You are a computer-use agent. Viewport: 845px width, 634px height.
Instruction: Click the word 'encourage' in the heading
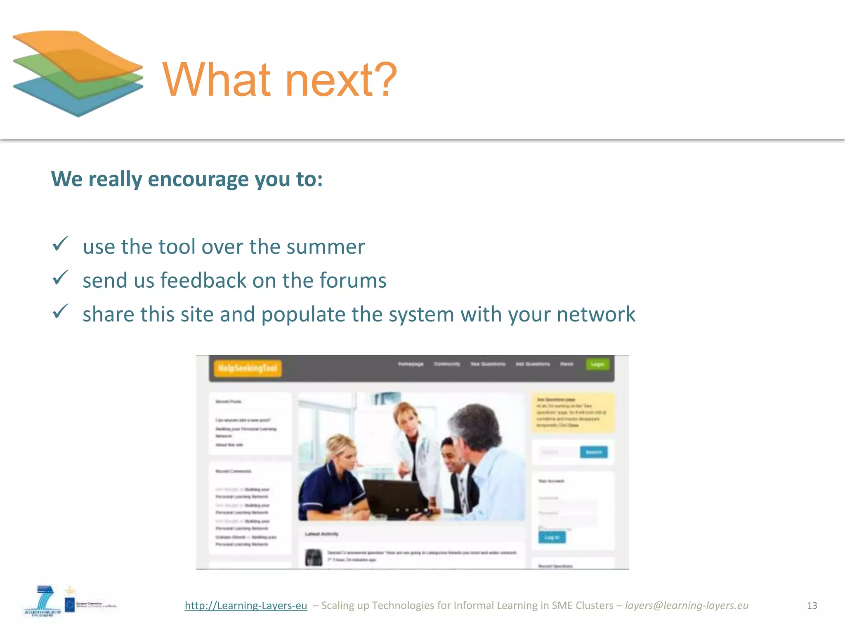click(198, 179)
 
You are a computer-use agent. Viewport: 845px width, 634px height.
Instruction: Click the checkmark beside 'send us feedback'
click(60, 278)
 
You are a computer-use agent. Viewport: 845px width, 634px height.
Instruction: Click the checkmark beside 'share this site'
click(60, 312)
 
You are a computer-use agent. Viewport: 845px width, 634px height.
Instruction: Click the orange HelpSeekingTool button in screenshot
click(248, 368)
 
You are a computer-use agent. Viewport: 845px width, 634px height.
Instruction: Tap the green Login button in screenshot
click(597, 364)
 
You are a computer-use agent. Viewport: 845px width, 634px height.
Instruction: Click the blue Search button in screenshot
click(593, 452)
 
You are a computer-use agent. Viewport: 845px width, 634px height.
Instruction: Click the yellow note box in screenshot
click(573, 412)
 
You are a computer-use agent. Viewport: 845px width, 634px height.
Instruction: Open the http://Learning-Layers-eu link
click(246, 606)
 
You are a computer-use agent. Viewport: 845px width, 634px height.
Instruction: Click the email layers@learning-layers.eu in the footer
click(687, 606)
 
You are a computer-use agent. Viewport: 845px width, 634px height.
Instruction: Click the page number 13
click(812, 606)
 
